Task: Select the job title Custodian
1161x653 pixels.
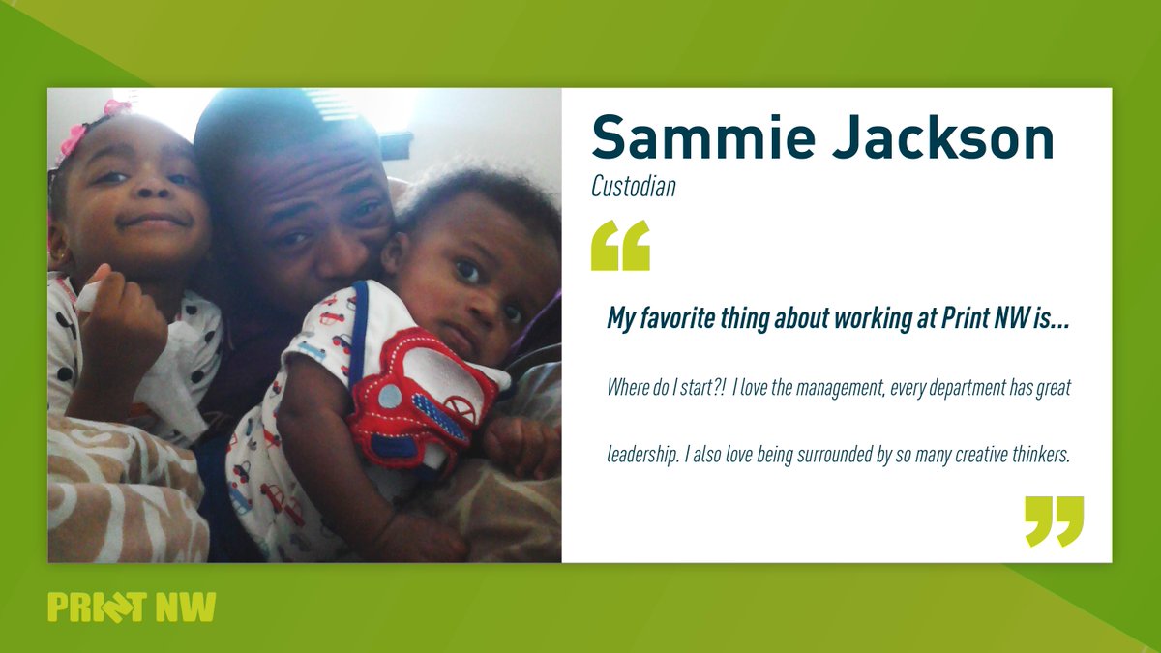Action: pos(633,187)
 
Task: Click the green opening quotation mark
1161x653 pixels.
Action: pos(620,246)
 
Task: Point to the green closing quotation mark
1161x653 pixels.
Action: pos(1054,520)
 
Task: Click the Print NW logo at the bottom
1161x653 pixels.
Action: pos(132,607)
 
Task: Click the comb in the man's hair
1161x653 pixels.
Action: pos(333,104)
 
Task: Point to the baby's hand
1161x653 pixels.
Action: pos(518,445)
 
